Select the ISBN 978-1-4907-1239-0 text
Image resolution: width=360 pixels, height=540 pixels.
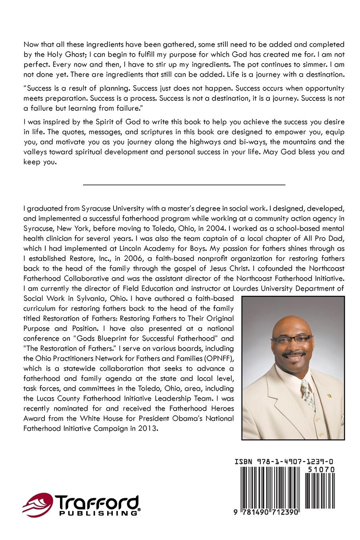click(x=284, y=461)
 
